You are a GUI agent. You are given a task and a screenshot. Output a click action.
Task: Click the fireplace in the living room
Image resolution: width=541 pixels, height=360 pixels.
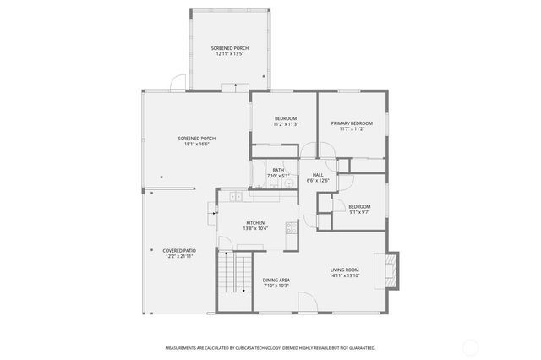(x=391, y=270)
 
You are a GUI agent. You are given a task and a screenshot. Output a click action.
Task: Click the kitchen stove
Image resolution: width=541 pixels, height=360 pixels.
(x=291, y=226)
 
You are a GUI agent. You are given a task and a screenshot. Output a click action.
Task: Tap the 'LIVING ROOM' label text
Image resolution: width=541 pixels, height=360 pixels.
(x=345, y=270)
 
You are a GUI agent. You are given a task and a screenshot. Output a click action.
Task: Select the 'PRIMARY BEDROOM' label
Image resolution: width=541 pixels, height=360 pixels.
(x=352, y=123)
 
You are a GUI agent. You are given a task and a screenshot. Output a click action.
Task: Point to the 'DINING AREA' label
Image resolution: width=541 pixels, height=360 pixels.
(x=276, y=280)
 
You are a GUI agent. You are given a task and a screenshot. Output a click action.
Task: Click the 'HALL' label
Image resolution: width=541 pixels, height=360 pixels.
(x=318, y=175)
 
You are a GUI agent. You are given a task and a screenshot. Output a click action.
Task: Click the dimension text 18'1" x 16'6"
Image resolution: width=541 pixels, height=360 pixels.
(x=196, y=145)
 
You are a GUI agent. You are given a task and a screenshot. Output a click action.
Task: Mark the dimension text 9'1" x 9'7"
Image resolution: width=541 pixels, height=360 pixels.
(x=360, y=212)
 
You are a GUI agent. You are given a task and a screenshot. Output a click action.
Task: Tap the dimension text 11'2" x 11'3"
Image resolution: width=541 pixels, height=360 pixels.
(x=286, y=124)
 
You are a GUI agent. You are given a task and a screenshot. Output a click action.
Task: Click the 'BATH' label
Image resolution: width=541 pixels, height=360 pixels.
(x=278, y=171)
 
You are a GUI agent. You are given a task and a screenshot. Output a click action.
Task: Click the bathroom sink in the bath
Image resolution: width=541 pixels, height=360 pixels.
(x=287, y=182)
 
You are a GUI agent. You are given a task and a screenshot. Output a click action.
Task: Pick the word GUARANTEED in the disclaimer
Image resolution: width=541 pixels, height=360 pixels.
(x=358, y=347)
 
